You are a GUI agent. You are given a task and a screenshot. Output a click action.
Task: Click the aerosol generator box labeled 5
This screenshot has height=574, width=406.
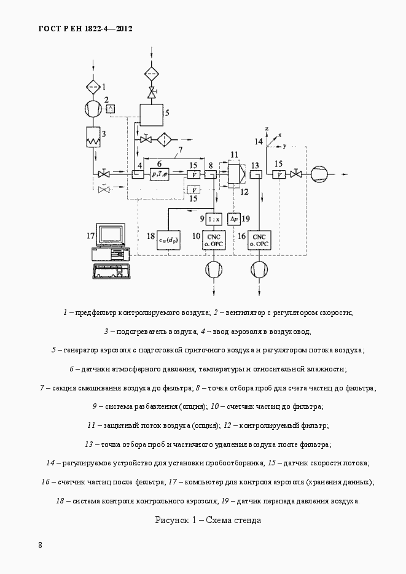[152, 115]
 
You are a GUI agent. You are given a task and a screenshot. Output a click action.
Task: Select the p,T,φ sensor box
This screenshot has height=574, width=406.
[159, 174]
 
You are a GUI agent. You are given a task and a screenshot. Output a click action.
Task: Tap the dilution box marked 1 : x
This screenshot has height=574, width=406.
[214, 219]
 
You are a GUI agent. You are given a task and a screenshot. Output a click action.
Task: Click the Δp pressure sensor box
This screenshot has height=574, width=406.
[233, 219]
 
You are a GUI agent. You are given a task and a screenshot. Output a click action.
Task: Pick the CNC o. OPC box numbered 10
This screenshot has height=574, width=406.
[214, 241]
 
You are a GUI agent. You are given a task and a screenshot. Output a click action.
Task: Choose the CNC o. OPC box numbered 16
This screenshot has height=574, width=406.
[259, 241]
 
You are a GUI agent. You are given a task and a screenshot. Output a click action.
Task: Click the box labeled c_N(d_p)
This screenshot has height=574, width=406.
[168, 241]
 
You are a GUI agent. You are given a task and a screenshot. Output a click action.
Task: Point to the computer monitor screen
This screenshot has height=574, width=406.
[111, 235]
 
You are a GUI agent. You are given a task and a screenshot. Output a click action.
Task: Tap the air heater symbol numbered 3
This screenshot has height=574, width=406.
[93, 137]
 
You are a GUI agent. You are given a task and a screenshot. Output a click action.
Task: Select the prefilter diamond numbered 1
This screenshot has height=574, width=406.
[93, 87]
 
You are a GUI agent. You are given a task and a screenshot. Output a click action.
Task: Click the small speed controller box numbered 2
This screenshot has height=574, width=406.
[110, 109]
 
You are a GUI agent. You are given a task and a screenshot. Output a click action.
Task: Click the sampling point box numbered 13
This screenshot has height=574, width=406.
[256, 174]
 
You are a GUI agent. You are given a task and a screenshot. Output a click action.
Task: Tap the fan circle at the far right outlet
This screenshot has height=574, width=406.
[319, 174]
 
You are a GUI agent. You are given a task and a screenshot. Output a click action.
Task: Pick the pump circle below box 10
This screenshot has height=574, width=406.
[214, 270]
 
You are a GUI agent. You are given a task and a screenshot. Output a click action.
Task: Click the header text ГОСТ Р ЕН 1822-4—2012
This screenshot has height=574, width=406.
[85, 29]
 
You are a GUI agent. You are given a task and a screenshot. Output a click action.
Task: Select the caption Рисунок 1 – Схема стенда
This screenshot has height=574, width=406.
[208, 520]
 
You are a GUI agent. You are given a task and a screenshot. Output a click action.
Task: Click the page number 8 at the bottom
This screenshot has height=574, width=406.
[41, 545]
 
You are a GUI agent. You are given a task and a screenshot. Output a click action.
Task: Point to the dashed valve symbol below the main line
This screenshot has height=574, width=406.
[104, 189]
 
